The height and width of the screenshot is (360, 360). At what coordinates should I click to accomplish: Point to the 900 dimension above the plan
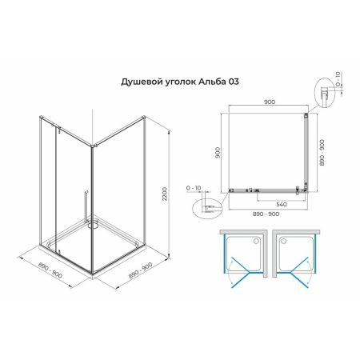[x=268, y=102]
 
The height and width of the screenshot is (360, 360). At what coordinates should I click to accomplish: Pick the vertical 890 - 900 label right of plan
[x=322, y=150]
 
